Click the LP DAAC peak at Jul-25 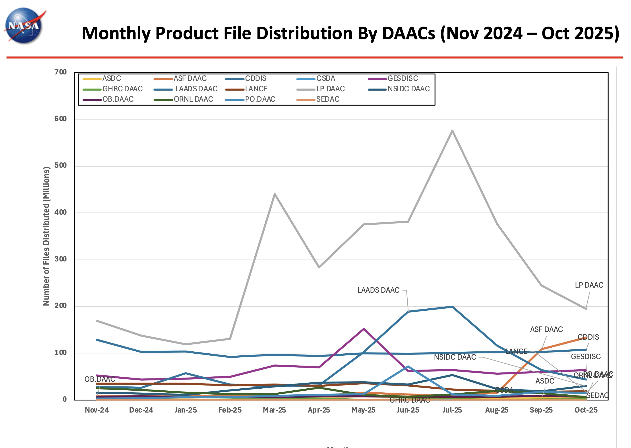click(x=452, y=131)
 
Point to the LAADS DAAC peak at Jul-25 click(x=452, y=307)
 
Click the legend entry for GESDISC click(x=403, y=79)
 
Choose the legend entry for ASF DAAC click(x=190, y=79)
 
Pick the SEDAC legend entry click(x=328, y=99)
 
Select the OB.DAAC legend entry click(x=118, y=99)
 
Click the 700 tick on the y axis click(x=61, y=72)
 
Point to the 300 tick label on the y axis click(x=61, y=259)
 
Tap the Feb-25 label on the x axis click(x=230, y=410)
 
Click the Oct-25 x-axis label click(x=586, y=410)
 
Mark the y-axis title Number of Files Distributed click(x=46, y=236)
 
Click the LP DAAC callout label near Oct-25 click(x=589, y=285)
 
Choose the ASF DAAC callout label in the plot click(x=546, y=329)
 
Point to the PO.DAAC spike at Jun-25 click(x=408, y=366)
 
